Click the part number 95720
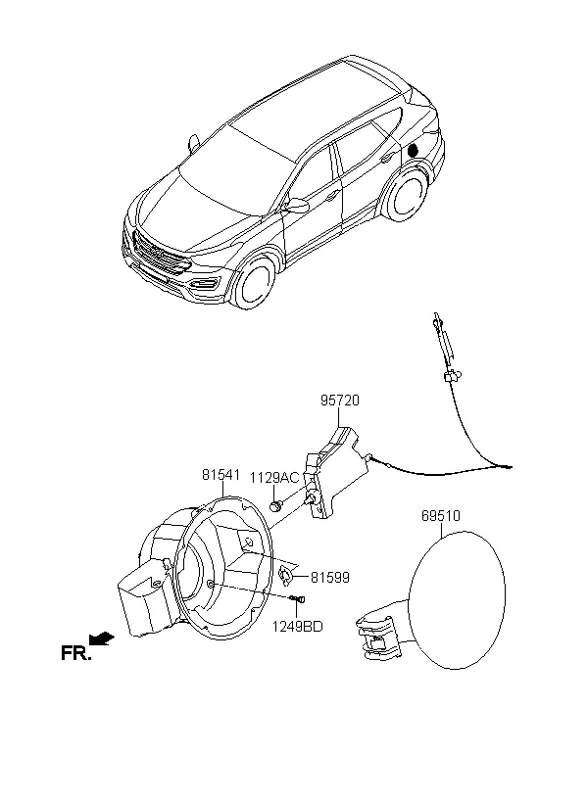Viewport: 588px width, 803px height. point(338,401)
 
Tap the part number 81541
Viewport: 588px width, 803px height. point(221,474)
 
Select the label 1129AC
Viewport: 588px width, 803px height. point(273,478)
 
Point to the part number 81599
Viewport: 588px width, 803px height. point(330,578)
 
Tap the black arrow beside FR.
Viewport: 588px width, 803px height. point(101,638)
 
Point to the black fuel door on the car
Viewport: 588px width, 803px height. point(413,149)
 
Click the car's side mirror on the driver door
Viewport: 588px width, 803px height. point(297,207)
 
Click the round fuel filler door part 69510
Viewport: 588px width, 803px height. point(455,597)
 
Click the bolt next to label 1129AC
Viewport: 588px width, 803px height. point(277,505)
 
